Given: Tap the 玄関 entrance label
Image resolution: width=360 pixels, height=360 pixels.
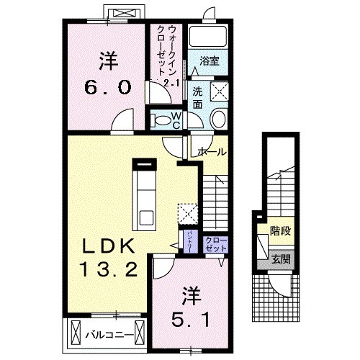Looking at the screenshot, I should click(281, 258).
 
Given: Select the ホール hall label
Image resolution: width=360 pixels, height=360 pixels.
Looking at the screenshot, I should click(212, 153).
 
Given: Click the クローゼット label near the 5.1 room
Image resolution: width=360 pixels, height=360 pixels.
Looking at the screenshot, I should click(214, 243).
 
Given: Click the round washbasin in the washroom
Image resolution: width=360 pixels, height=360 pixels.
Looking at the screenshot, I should click(219, 120).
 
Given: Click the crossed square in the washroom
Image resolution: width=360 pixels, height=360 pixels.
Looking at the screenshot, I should click(219, 91).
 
